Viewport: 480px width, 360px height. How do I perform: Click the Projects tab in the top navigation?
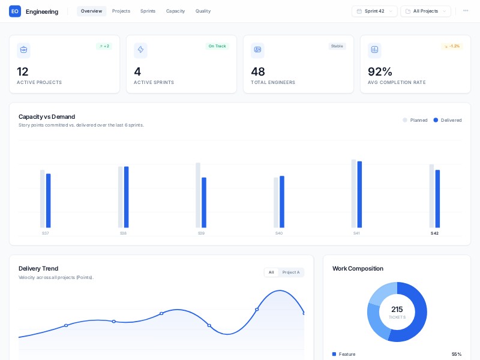tap(121, 11)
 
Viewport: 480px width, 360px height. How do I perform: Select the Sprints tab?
tap(148, 11)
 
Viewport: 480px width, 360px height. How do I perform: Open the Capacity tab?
tap(175, 11)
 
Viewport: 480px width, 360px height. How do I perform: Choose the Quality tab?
tap(203, 11)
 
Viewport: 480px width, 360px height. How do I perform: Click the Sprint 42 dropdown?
tap(374, 11)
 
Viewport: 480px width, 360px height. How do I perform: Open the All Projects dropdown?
tap(425, 11)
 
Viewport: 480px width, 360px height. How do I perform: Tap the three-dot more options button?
tap(466, 11)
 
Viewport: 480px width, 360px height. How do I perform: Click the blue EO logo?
tap(15, 11)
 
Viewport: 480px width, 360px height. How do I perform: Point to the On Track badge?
tap(217, 46)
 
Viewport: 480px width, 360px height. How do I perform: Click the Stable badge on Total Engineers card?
tap(337, 46)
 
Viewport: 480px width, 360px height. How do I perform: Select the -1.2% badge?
tap(452, 46)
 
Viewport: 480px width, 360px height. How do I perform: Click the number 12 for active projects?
tap(23, 71)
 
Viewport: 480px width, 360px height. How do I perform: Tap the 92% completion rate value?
tap(380, 71)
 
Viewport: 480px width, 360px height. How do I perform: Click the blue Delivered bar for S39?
tap(204, 202)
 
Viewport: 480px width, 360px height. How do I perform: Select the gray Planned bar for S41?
tap(353, 193)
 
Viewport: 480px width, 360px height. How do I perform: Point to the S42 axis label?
tap(434, 233)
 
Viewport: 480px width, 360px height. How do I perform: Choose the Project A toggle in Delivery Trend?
tap(291, 272)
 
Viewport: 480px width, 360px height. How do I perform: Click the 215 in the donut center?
tap(397, 310)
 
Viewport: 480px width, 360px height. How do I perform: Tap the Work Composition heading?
tap(358, 268)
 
